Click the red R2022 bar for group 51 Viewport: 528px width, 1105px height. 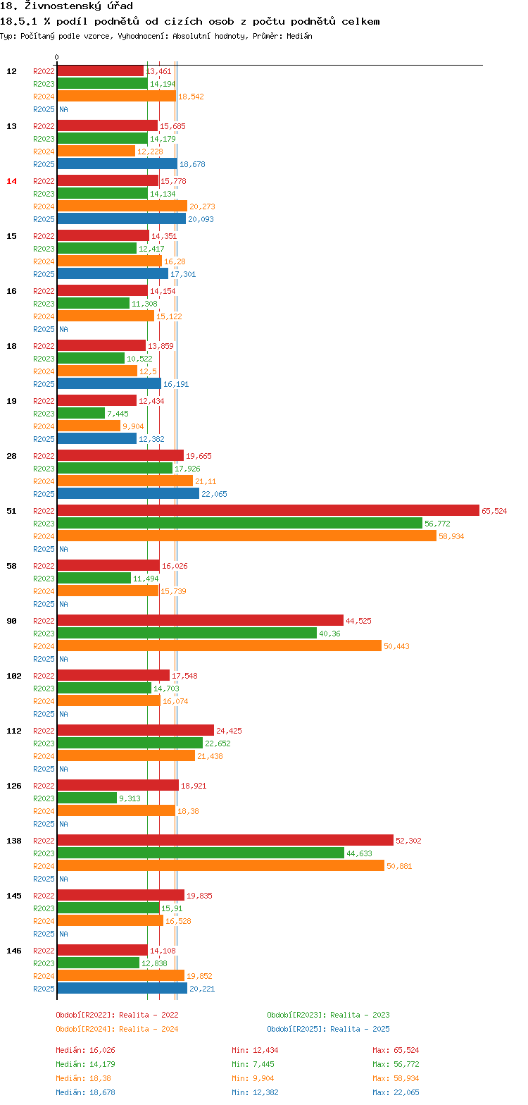pyautogui.click(x=268, y=510)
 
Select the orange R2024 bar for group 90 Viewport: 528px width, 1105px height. pyautogui.click(x=219, y=646)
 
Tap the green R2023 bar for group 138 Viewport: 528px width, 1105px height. pyautogui.click(x=201, y=853)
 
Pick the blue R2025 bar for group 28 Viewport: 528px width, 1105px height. pyautogui.click(x=128, y=493)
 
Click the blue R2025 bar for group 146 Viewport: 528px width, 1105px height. pyautogui.click(x=122, y=988)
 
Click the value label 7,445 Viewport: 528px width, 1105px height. pyautogui.click(x=118, y=414)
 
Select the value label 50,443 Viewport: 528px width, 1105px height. pyautogui.click(x=396, y=646)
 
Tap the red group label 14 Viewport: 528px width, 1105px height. pyautogui.click(x=11, y=181)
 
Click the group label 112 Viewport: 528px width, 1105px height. pyautogui.click(x=14, y=731)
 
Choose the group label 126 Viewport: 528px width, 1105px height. pyautogui.click(x=14, y=786)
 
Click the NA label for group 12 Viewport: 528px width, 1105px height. pyautogui.click(x=63, y=109)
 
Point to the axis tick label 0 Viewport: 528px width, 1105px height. pyautogui.click(x=56, y=57)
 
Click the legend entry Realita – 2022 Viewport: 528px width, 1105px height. pyautogui.click(x=117, y=1015)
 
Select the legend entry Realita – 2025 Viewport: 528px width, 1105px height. pyautogui.click(x=328, y=1029)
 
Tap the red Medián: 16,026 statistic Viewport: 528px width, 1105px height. pyautogui.click(x=85, y=1050)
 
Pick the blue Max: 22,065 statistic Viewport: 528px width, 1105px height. pyautogui.click(x=396, y=1092)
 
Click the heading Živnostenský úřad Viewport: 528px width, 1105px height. pyautogui.click(x=66, y=6)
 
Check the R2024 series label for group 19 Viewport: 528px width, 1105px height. pyautogui.click(x=44, y=426)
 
